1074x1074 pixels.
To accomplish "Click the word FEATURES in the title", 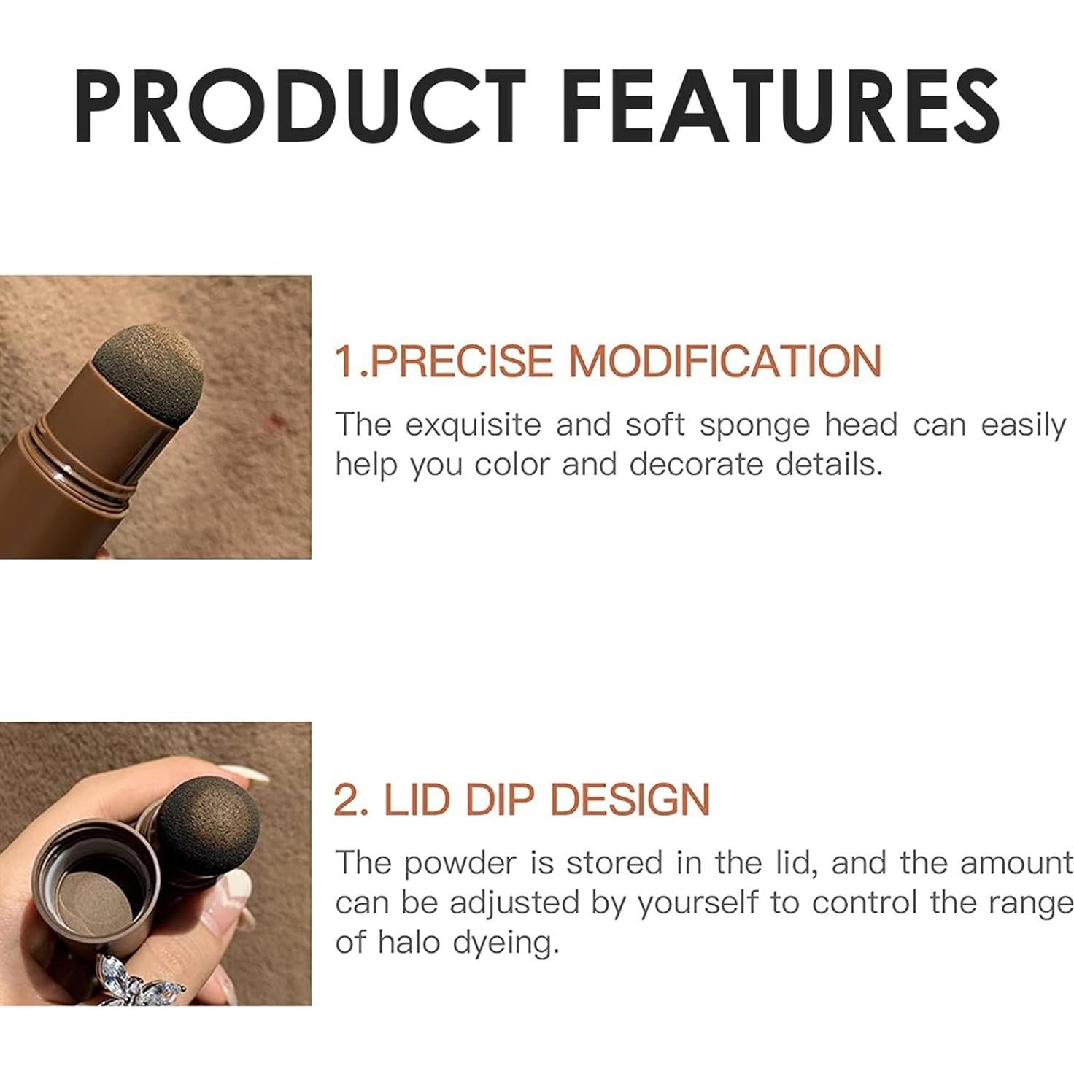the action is (x=780, y=106).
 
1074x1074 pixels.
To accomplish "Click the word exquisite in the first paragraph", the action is (x=474, y=426).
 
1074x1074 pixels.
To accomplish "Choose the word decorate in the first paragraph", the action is (x=696, y=465).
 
